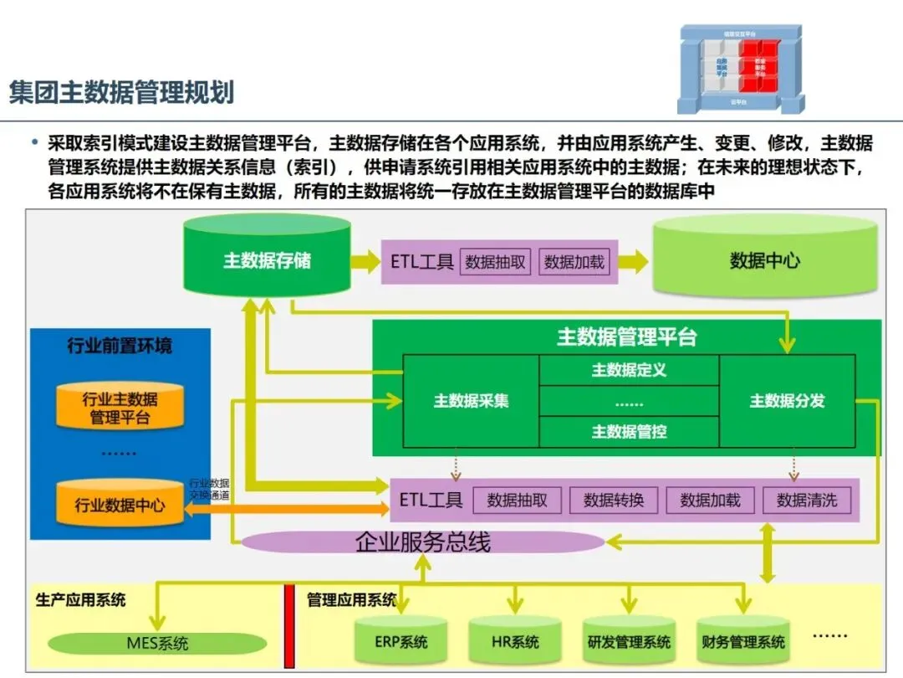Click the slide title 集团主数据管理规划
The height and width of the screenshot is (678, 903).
(122, 91)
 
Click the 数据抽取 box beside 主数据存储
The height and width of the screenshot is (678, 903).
(495, 262)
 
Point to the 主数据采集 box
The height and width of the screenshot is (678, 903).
(471, 401)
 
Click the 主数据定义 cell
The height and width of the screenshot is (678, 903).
(629, 370)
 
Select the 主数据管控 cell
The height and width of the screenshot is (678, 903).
(629, 432)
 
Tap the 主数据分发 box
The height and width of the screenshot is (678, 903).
(787, 401)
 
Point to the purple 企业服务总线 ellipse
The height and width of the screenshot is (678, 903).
(422, 542)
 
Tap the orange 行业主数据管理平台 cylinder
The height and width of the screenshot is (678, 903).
(120, 407)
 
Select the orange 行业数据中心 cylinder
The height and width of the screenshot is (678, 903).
(120, 504)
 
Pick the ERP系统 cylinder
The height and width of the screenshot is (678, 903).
(401, 640)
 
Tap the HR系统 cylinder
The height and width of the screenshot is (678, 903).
(514, 640)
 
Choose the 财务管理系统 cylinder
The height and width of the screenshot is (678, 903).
(743, 640)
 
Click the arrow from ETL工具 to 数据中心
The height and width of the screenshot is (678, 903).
(633, 261)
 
